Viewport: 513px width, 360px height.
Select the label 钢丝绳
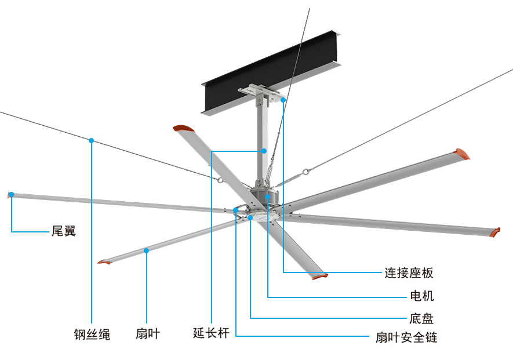[x=92, y=334]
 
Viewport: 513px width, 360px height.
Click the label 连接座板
[x=409, y=272]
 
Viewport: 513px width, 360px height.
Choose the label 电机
[x=421, y=296]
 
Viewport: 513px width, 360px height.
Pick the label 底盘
[x=421, y=318]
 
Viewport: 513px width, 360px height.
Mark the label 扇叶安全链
[x=406, y=337]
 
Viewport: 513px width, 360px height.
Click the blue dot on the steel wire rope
[x=92, y=140]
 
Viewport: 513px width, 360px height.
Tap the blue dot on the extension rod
[x=264, y=151]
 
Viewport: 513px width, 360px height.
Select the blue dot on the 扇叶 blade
[x=147, y=250]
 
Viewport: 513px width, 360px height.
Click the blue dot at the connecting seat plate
[x=283, y=100]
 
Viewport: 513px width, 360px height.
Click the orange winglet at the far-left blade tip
[x=10, y=195]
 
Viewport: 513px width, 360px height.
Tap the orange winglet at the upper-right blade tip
[x=462, y=154]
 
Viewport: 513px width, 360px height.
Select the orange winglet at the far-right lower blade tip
[x=494, y=232]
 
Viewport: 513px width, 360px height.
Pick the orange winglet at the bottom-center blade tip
[x=319, y=276]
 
